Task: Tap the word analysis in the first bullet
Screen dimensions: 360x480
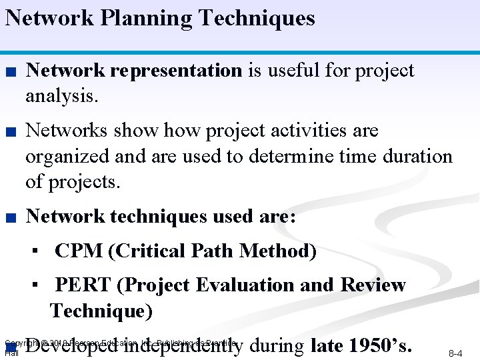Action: coord(61,96)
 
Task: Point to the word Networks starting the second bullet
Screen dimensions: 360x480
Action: coord(65,130)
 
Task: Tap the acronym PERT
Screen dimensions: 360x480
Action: coord(83,285)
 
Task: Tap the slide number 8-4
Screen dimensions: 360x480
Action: coord(455,353)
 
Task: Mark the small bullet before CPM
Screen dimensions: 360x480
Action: coord(41,252)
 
